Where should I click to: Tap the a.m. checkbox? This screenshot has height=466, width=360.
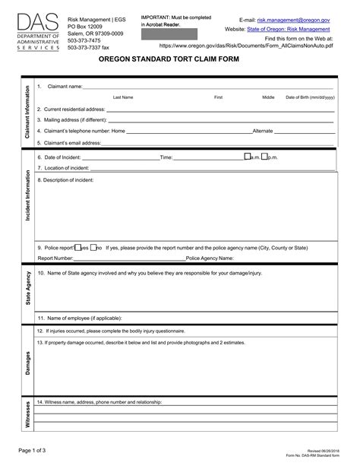point(247,157)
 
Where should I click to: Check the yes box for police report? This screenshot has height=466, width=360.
point(76,248)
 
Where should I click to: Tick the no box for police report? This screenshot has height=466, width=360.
point(93,248)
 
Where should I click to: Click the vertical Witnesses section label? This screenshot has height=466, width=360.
point(27,416)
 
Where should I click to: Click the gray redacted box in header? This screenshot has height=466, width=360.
point(169,34)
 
